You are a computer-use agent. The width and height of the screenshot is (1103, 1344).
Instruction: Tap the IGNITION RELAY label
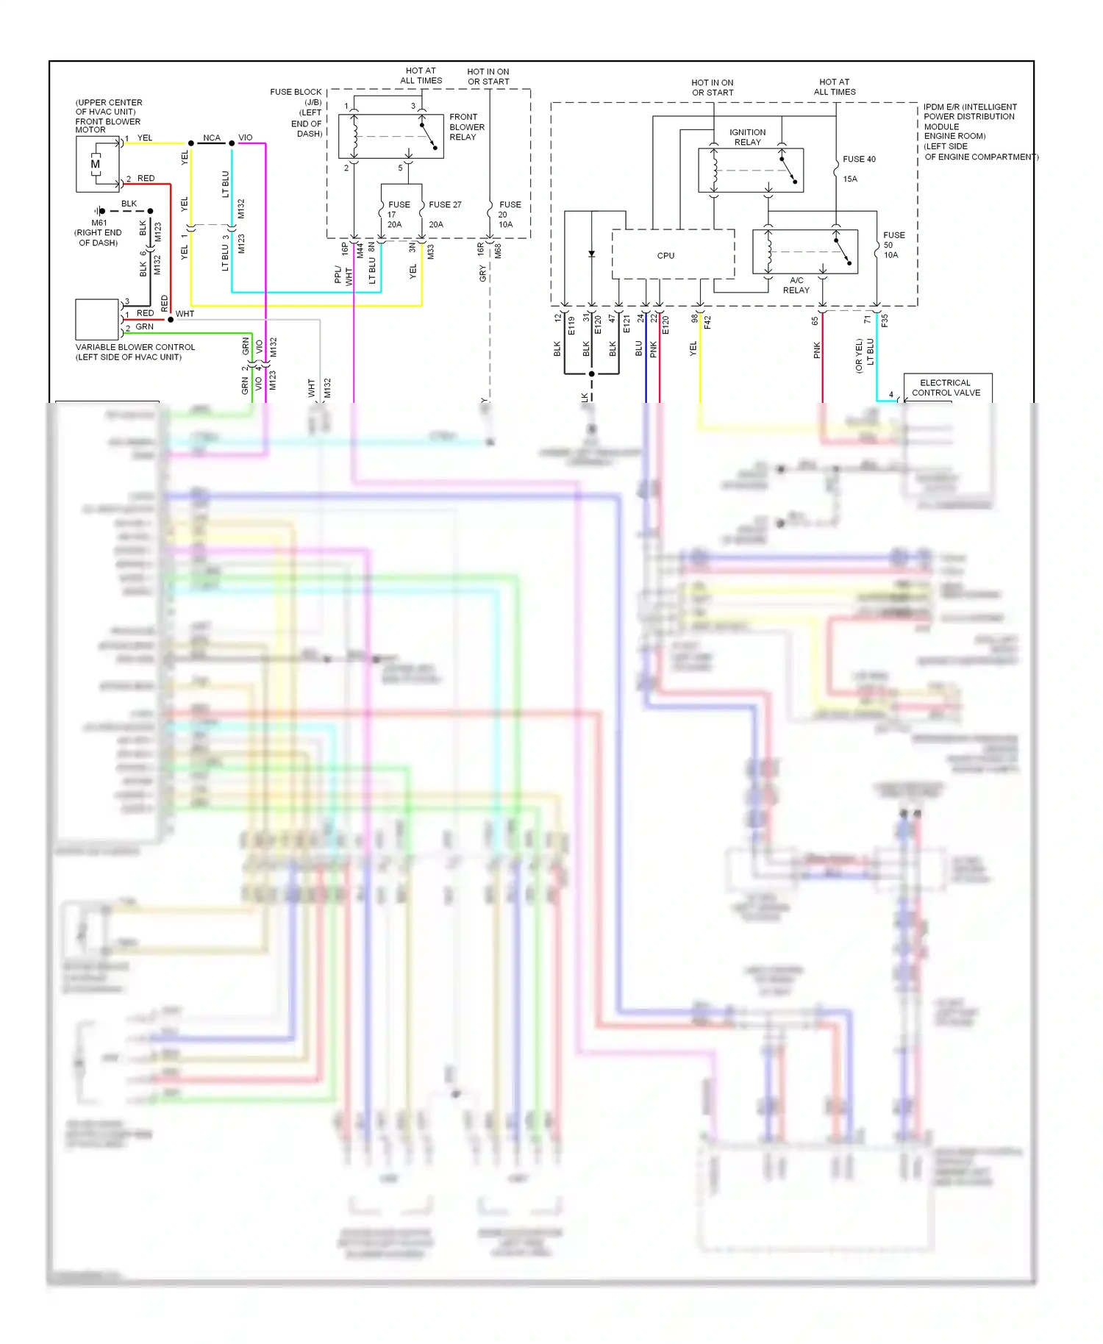pyautogui.click(x=747, y=137)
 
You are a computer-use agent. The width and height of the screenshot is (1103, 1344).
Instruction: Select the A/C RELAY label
pyautogui.click(x=796, y=285)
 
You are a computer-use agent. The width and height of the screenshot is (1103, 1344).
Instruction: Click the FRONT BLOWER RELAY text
pyautogui.click(x=466, y=126)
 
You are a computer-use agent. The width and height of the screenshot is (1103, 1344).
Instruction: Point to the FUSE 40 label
pyautogui.click(x=858, y=160)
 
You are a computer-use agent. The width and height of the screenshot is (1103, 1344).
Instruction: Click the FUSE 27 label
pyautogui.click(x=445, y=205)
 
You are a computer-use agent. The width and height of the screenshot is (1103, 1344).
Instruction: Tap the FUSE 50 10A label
pyautogui.click(x=893, y=245)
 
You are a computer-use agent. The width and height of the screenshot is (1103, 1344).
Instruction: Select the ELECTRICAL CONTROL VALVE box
pyautogui.click(x=946, y=387)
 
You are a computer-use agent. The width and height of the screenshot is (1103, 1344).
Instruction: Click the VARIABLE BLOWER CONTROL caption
pyautogui.click(x=135, y=351)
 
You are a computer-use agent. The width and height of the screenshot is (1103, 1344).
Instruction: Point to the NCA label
pyautogui.click(x=212, y=137)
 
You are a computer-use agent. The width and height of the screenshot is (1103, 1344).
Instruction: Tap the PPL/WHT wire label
pyautogui.click(x=343, y=275)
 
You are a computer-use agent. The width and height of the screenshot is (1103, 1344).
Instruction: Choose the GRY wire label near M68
pyautogui.click(x=482, y=274)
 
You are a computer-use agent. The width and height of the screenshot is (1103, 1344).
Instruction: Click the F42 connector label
pyautogui.click(x=707, y=321)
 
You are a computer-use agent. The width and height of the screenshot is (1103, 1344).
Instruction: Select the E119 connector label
pyautogui.click(x=571, y=325)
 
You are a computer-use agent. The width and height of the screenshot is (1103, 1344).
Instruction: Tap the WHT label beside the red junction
pyautogui.click(x=185, y=314)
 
